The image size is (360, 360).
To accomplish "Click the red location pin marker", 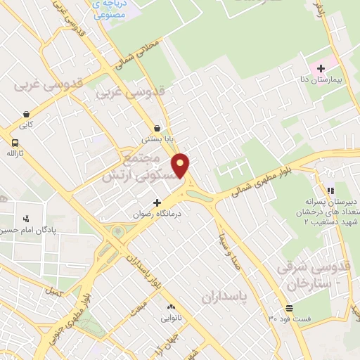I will click(181, 165).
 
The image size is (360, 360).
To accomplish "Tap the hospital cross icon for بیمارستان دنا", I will click(321, 68).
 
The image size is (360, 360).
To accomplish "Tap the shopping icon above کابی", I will click(26, 114).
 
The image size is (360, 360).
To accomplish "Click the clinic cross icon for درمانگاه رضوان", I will click(157, 202).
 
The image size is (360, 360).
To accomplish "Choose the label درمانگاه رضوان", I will click(157, 213).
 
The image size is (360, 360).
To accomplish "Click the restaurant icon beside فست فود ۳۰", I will click(289, 309).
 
